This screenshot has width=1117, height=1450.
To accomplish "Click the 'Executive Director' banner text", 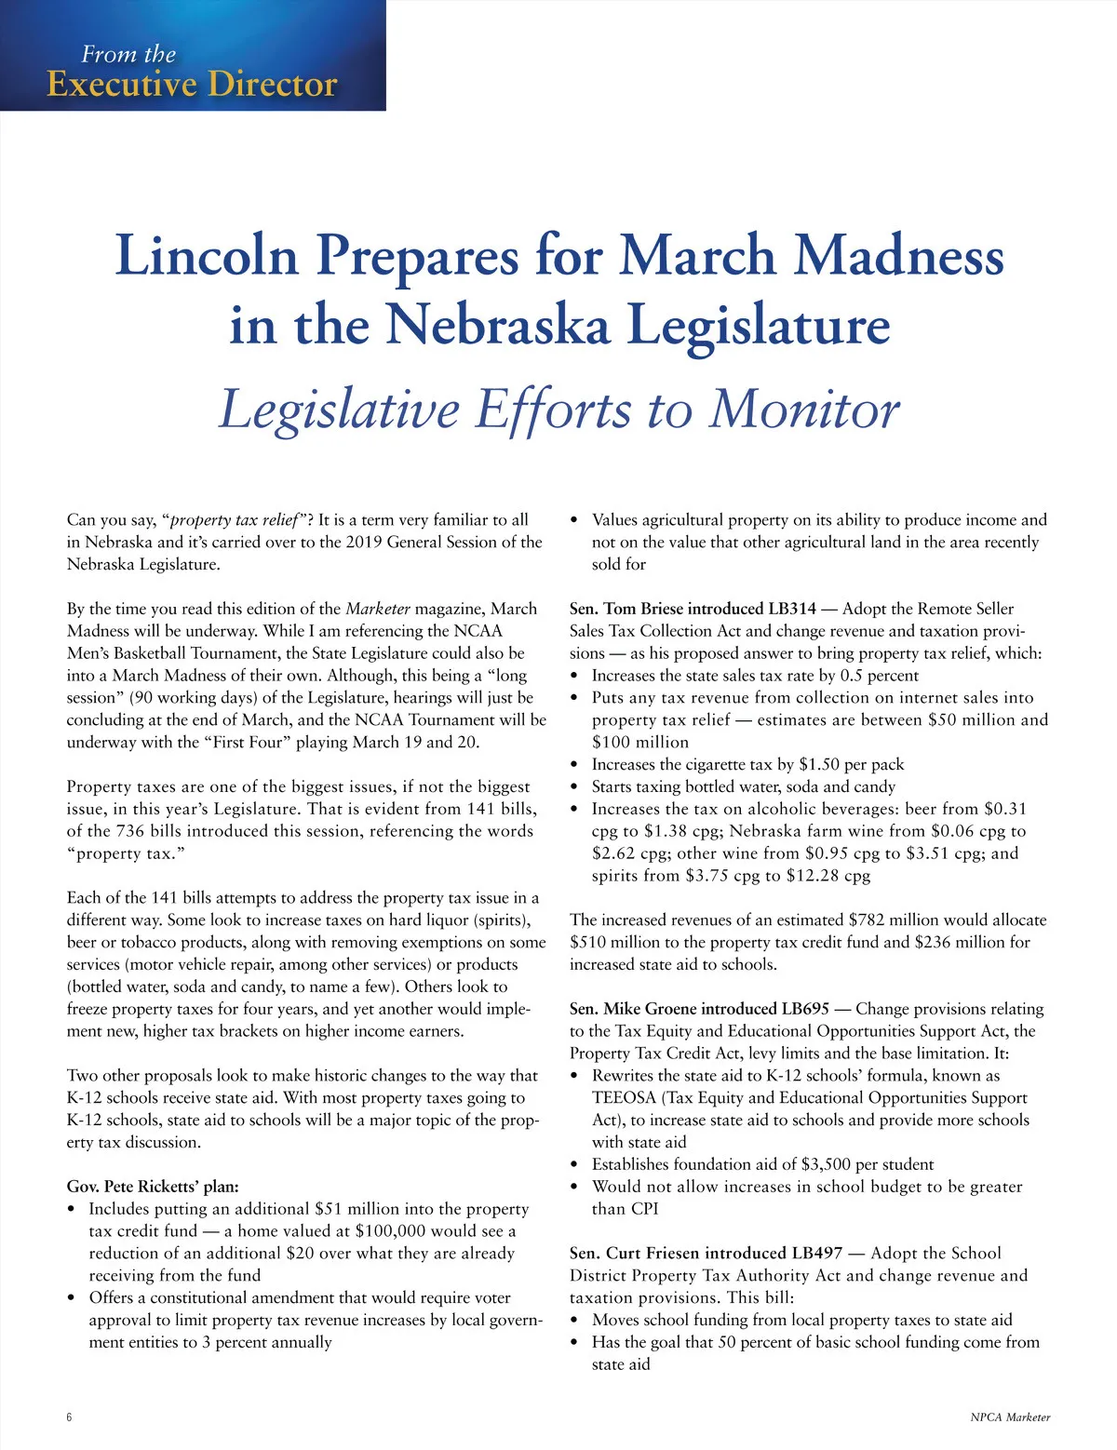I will pos(192,84).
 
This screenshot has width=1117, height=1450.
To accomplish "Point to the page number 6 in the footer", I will pos(70,1417).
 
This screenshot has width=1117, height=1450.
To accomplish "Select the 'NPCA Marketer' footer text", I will pos(1009,1417).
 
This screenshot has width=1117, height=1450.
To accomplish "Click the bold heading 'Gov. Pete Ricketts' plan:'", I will pos(153,1187).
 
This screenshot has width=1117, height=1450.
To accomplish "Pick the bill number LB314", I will pos(792,609).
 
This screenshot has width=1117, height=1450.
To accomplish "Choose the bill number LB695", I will pos(805,1009).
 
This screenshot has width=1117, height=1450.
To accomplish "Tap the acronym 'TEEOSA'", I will pos(624,1098).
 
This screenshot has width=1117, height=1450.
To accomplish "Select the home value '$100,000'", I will pos(391,1231).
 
